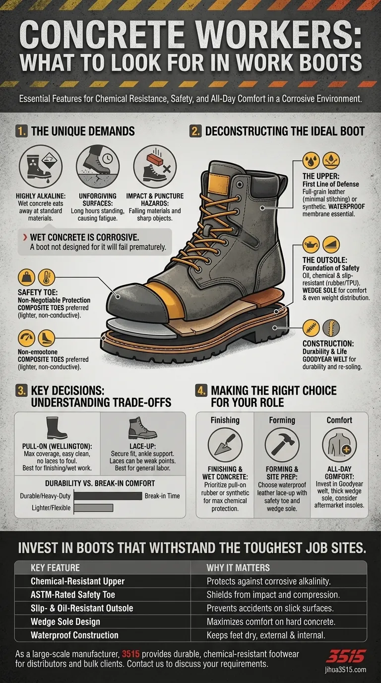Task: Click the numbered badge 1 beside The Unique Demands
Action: point(22,132)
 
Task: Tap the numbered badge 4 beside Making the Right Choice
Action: point(202,391)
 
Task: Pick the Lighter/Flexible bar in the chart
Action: point(93,507)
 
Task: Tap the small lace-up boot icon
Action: point(143,428)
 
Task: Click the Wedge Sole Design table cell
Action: point(65,622)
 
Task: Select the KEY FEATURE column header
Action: point(55,567)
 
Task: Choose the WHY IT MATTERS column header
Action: point(238,567)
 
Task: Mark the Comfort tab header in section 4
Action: point(339,420)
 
